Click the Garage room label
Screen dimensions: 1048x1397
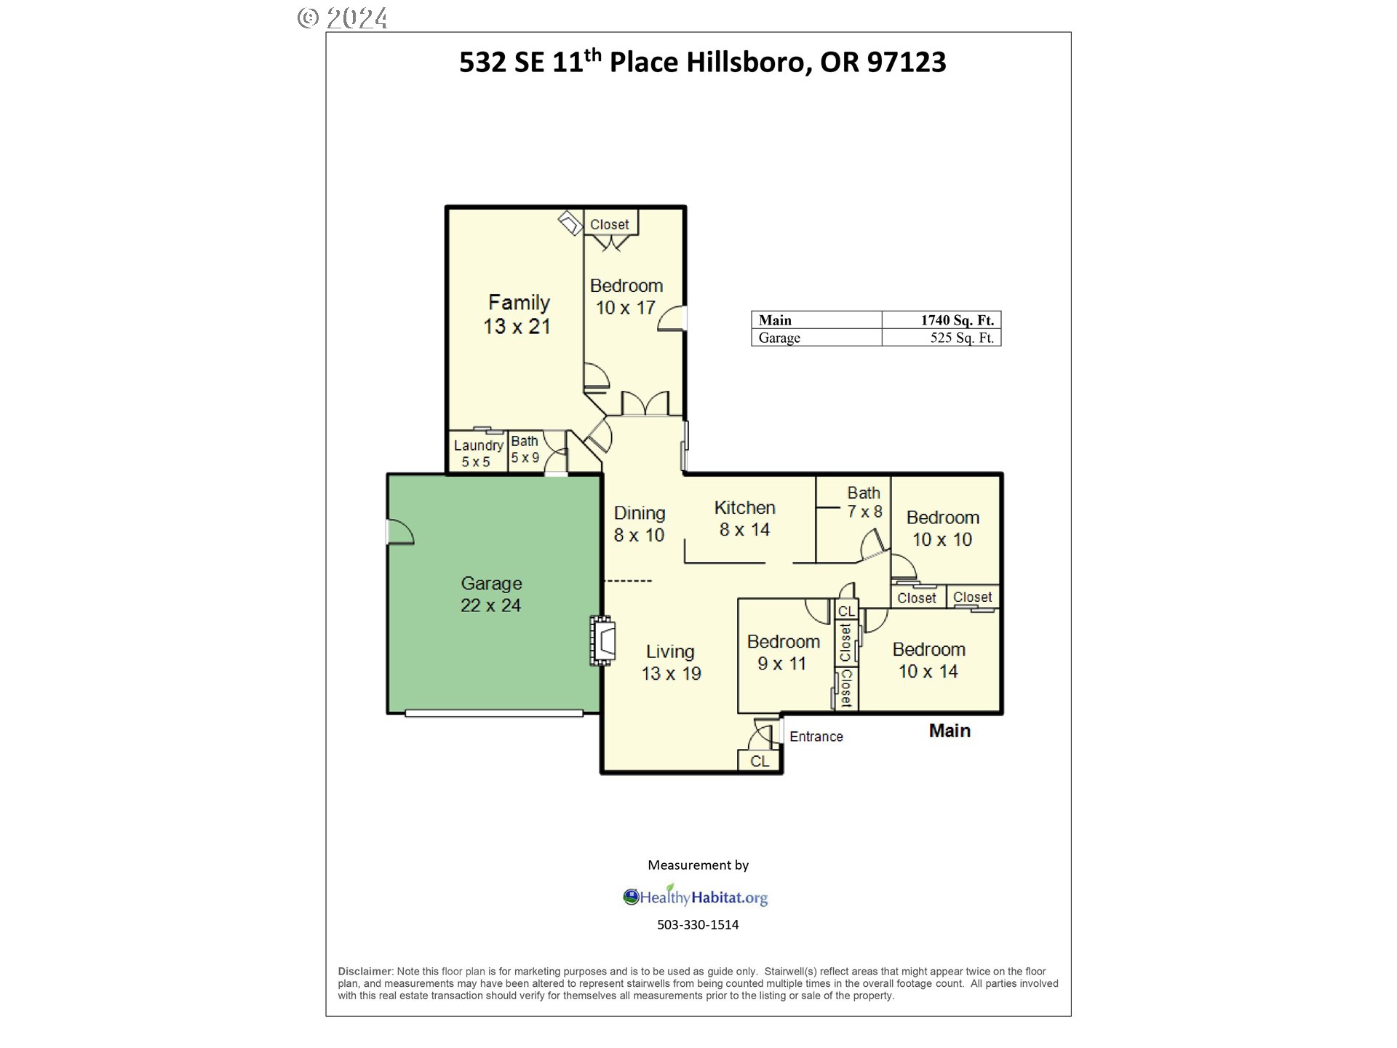pyautogui.click(x=491, y=594)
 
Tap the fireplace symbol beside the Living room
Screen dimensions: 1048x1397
pyautogui.click(x=602, y=640)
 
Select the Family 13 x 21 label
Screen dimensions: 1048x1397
pyautogui.click(x=517, y=314)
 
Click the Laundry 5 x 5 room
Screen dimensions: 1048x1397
pyautogui.click(x=477, y=453)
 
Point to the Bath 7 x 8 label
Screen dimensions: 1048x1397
pyautogui.click(x=864, y=502)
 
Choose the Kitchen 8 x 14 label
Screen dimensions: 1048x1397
pyautogui.click(x=744, y=518)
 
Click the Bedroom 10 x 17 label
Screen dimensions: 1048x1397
pyautogui.click(x=626, y=296)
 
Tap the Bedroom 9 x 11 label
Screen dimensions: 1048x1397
pyautogui.click(x=783, y=652)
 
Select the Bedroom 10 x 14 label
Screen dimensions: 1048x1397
pyautogui.click(x=928, y=660)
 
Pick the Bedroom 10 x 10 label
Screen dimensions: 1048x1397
pyautogui.click(x=942, y=528)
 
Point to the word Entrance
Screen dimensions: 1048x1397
pyautogui.click(x=816, y=737)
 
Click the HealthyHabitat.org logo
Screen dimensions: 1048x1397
pyautogui.click(x=696, y=897)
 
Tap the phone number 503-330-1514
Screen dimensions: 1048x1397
pyautogui.click(x=698, y=925)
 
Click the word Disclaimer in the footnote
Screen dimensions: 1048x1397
pyautogui.click(x=365, y=972)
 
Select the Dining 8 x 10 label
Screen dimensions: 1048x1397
pyautogui.click(x=639, y=524)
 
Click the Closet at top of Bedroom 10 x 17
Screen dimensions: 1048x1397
pyautogui.click(x=610, y=224)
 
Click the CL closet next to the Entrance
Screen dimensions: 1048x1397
pyautogui.click(x=759, y=761)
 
